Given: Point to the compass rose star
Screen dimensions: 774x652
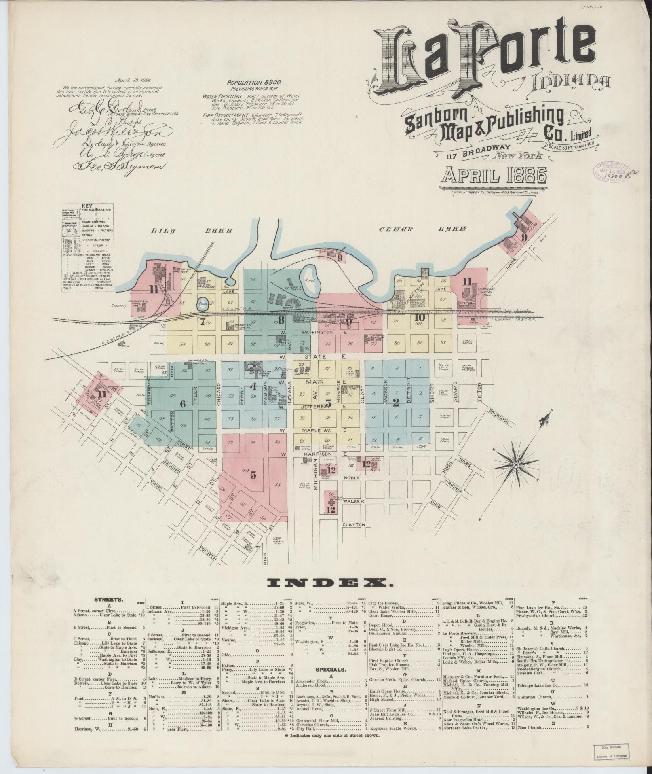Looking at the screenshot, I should tap(515, 466).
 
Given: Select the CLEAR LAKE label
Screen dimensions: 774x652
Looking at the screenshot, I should tap(421, 229).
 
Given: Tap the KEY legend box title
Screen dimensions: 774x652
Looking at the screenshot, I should tap(87, 206).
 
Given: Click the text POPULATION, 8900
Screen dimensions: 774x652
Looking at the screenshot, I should tap(254, 82).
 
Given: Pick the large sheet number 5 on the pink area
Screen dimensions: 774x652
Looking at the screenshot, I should tap(253, 475).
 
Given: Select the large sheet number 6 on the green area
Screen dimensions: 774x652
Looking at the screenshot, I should tap(182, 403).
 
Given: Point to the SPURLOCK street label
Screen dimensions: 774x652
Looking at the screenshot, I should tap(500, 417).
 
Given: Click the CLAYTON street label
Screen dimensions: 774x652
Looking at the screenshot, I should tap(354, 524).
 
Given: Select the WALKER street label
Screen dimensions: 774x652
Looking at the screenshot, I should tap(354, 501).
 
